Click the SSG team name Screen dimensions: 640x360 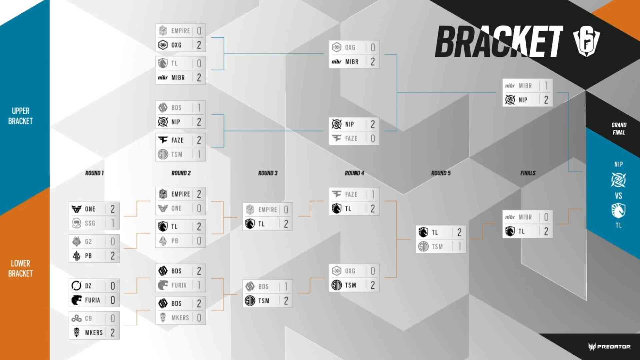point(90,223)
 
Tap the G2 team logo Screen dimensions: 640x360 point(76,241)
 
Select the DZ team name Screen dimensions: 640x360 point(88,286)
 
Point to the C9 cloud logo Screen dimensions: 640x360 point(76,318)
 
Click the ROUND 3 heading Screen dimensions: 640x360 point(268,173)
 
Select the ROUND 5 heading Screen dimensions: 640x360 point(441,173)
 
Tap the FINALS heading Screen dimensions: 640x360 point(528,173)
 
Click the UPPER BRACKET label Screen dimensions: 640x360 point(21,116)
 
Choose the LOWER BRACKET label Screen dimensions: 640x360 point(21,268)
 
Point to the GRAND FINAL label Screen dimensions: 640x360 point(619,129)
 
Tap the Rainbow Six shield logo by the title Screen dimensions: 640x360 point(586,42)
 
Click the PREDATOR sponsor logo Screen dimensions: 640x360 point(609,347)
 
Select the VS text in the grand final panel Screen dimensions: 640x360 point(619,196)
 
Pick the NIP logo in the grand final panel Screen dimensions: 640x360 point(618,180)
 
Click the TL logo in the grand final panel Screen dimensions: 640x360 point(618,211)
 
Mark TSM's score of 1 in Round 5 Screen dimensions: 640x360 point(460,247)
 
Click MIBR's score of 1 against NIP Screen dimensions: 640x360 point(546,86)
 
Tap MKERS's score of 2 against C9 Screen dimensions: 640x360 point(113,333)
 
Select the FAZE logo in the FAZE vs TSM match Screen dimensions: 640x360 point(163,140)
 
